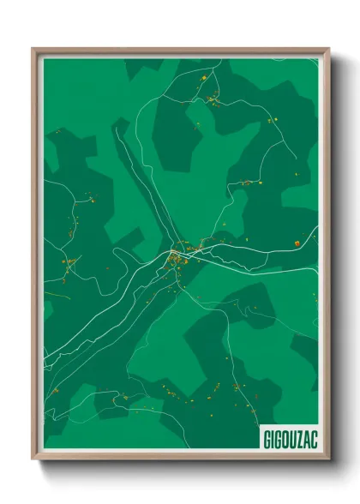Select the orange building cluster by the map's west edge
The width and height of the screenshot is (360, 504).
point(68,261)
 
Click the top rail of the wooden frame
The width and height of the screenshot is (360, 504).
point(180,50)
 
